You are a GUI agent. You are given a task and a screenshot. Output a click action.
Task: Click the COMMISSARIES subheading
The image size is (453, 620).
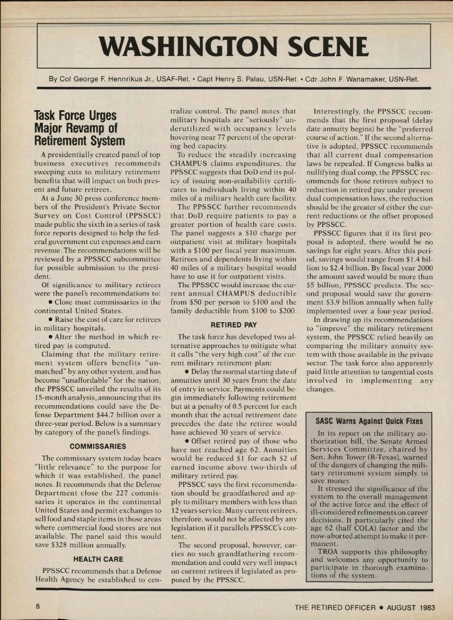click(x=98, y=446)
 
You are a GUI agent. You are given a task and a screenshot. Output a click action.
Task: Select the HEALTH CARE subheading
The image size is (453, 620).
click(x=98, y=559)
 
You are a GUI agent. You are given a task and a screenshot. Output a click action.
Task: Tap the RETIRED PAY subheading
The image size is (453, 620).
click(x=234, y=325)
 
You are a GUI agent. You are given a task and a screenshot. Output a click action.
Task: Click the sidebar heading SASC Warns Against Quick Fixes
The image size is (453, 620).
click(x=369, y=421)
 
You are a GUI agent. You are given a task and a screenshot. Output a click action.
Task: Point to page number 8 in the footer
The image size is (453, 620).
click(x=38, y=607)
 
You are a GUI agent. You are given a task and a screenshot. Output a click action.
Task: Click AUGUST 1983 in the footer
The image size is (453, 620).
click(x=411, y=608)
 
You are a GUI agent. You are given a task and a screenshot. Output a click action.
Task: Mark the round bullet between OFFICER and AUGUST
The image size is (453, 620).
click(x=381, y=608)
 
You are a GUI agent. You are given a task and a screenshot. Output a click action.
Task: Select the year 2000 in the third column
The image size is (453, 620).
click(x=424, y=268)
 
